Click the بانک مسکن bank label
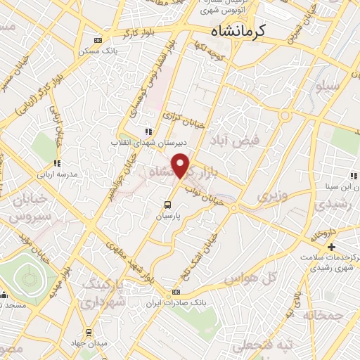point(117,51)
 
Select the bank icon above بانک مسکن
point(97,41)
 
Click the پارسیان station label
point(169,217)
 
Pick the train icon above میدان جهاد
point(89,332)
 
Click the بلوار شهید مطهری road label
point(127,259)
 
